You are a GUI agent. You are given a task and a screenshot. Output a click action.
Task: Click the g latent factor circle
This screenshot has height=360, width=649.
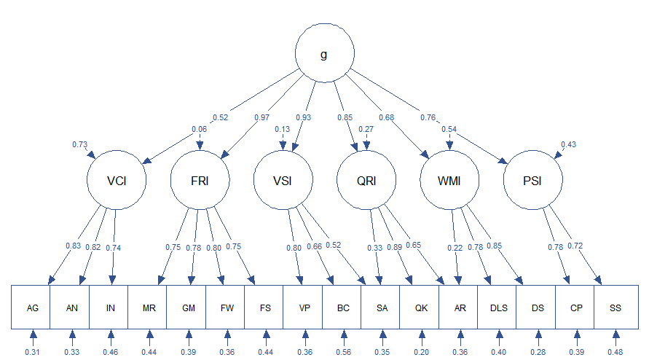[324, 56]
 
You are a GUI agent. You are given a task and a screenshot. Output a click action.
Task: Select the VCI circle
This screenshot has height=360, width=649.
[117, 180]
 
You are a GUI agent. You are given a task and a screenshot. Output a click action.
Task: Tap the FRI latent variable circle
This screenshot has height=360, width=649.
[200, 180]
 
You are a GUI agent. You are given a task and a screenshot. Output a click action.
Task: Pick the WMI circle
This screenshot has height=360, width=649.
[449, 180]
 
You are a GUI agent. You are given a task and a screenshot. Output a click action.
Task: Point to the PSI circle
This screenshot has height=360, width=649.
[532, 180]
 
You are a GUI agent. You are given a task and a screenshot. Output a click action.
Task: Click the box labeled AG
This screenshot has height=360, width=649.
[32, 308]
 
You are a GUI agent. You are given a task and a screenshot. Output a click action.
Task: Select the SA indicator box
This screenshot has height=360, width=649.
[382, 308]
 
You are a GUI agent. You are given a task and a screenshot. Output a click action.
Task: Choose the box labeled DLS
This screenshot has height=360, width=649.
[498, 308]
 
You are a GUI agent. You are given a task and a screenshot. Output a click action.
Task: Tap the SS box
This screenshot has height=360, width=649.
[615, 308]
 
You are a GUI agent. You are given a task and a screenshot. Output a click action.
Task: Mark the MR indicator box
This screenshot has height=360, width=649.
[149, 308]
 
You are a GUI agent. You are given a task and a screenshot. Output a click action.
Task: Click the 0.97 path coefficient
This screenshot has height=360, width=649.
[261, 118]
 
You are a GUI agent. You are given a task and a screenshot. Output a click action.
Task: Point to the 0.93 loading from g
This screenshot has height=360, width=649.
[303, 118]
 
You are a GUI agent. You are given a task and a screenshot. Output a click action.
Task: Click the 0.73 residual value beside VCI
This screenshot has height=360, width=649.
[79, 144]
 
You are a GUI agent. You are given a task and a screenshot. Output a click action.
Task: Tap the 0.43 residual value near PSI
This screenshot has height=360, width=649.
[568, 144]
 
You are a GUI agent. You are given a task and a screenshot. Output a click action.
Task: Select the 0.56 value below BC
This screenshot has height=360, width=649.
[343, 353]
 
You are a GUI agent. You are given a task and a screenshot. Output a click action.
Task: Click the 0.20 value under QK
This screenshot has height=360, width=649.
[420, 353]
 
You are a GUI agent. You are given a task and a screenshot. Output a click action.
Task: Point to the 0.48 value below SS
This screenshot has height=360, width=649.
[615, 353]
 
